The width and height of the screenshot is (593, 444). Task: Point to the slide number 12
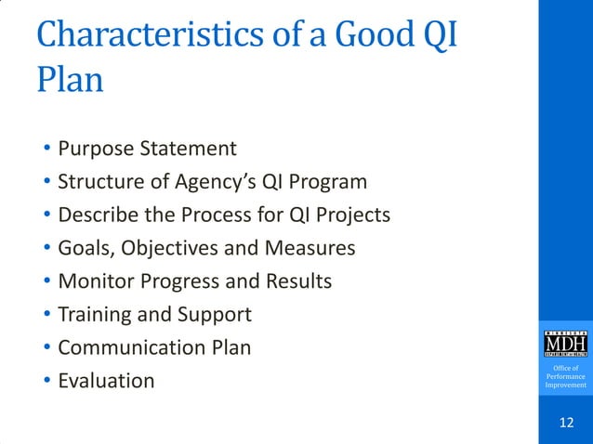tap(565, 424)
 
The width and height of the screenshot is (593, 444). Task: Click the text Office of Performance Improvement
tap(565, 377)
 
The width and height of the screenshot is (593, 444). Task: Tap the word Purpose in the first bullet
tap(95, 149)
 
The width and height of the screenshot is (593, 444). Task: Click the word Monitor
tap(95, 281)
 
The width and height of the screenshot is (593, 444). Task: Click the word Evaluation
tap(106, 381)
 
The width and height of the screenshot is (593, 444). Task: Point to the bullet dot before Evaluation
tap(46, 382)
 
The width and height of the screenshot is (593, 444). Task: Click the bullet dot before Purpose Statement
tap(46, 150)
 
